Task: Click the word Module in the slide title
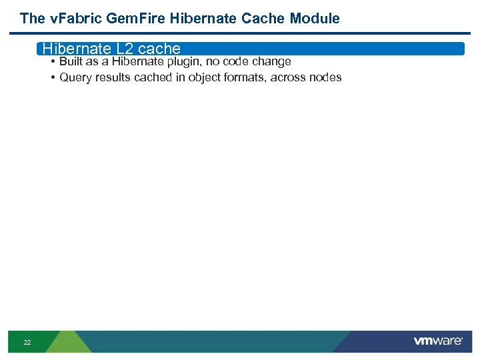(315, 19)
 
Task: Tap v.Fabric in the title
(69, 19)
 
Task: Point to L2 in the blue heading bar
(125, 49)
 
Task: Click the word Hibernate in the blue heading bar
(74, 49)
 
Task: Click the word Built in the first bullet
(71, 61)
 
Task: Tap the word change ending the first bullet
(271, 61)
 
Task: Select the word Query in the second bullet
(75, 77)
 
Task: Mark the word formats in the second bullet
(244, 77)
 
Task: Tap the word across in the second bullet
(288, 77)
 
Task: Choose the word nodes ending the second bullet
(325, 77)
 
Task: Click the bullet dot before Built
(52, 62)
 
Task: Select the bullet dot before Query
(52, 78)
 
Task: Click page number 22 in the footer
(27, 342)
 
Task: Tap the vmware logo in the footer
(438, 341)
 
